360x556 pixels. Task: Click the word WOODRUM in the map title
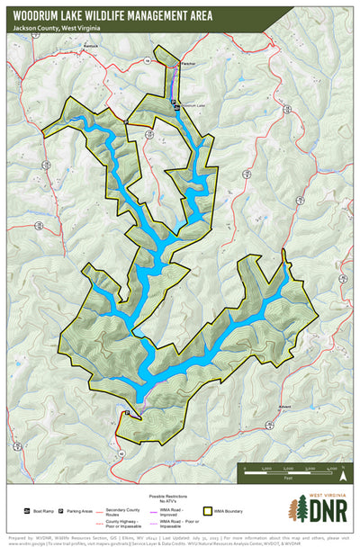tap(37, 14)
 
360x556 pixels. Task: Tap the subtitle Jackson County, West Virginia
tap(57, 29)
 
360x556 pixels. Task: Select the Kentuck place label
tap(88, 44)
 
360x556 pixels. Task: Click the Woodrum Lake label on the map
tap(193, 106)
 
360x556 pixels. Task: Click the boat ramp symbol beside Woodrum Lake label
tap(175, 104)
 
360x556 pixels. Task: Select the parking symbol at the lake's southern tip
tap(127, 413)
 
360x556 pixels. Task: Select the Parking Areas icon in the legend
tap(61, 510)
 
